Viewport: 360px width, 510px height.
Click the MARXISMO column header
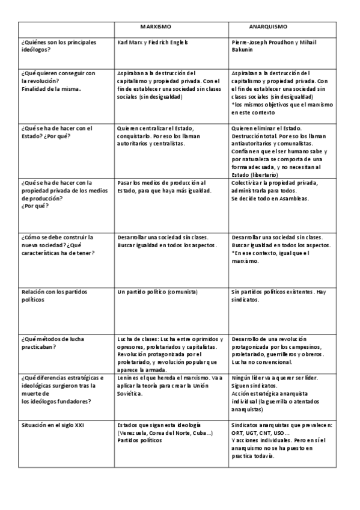pos(156,27)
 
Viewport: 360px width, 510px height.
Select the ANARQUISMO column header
pos(268,27)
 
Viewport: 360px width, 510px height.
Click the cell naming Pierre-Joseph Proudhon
pos(273,46)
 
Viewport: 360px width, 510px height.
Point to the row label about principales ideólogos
pos(49,46)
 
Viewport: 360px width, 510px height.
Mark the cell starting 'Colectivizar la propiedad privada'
pos(277,191)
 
